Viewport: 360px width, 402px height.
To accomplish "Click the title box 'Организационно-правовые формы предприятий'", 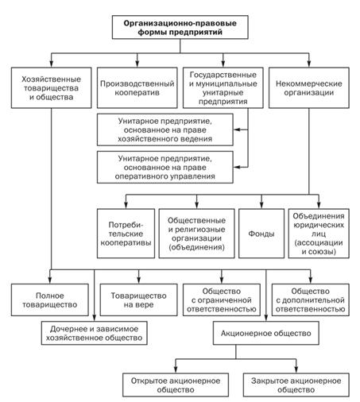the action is tap(180, 27).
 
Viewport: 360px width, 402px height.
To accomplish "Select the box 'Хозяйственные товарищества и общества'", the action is tap(52, 88).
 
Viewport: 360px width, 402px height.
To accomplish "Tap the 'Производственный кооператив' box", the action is tap(137, 88).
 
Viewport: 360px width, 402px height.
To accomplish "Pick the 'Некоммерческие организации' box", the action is tap(309, 88).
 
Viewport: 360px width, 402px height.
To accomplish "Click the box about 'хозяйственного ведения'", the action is tap(165, 129).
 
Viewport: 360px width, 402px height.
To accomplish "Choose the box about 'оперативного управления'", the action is tap(165, 167).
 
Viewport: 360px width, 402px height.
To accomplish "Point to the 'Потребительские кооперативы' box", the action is tap(126, 234).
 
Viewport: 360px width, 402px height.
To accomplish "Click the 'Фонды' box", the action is tap(261, 234).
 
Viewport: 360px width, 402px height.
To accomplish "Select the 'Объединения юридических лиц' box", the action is tap(319, 234).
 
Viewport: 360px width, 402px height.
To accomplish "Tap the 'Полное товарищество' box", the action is tap(50, 300).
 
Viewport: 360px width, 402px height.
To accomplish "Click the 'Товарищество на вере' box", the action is tap(139, 300).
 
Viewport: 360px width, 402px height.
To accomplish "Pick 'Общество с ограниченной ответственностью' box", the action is tap(222, 300).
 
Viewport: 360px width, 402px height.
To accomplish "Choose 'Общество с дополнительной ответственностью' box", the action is tap(311, 300).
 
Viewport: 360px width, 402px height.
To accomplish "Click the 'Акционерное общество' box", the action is tap(266, 333).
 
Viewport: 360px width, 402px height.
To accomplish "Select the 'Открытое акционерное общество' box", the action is tap(176, 385).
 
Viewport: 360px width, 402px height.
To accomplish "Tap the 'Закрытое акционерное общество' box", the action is tap(296, 385).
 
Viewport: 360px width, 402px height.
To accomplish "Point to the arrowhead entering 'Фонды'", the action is tap(261, 205).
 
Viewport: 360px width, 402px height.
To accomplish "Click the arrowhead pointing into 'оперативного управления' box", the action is tap(237, 167).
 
